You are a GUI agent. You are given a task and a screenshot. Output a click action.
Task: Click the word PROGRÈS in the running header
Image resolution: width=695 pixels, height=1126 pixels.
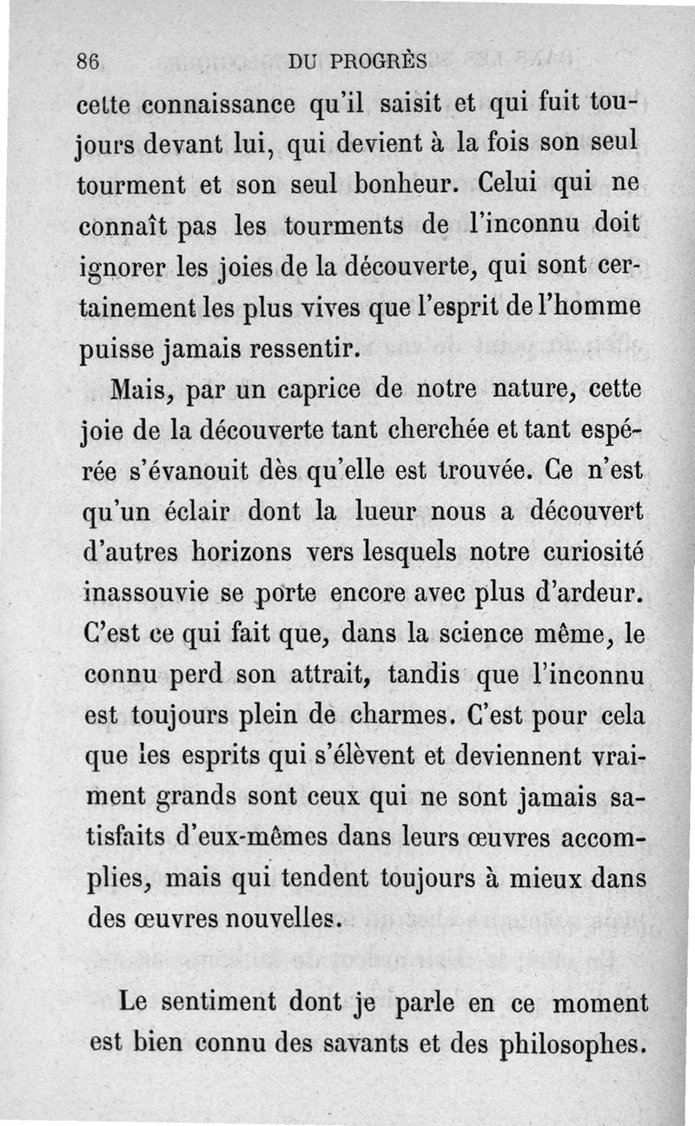383,62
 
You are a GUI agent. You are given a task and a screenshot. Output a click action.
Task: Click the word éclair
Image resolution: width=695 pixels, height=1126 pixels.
196,513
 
